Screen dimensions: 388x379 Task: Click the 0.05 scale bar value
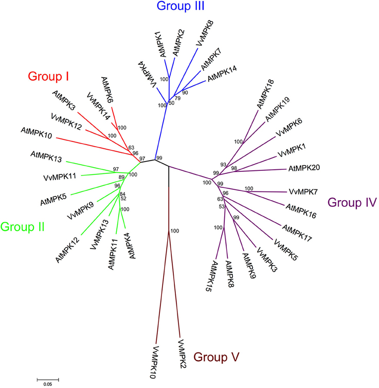coord(47,384)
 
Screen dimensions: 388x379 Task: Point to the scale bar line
coord(47,379)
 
